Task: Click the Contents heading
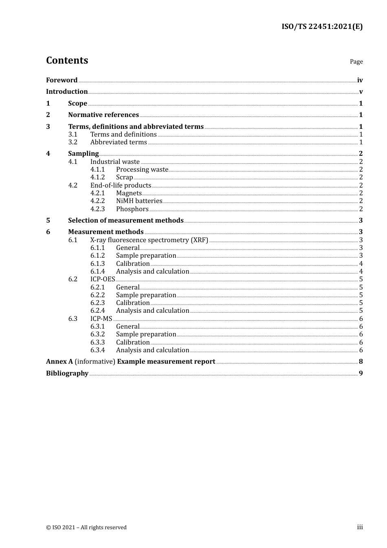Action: pos(67,60)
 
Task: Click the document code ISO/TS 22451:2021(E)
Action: pos(322,27)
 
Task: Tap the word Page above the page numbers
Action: pos(356,62)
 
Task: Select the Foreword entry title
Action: pos(62,80)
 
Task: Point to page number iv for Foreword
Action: pos(360,80)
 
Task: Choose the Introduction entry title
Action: pos(67,91)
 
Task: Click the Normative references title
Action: pos(103,115)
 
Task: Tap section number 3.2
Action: pos(73,142)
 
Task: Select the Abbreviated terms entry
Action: pos(119,142)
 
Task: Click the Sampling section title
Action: pos(83,153)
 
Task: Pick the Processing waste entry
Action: pos(142,169)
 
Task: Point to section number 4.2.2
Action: pos(97,201)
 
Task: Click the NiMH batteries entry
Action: pos(139,201)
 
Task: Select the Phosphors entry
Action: pos(132,209)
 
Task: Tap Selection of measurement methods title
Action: pos(125,220)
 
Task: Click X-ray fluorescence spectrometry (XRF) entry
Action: pos(149,240)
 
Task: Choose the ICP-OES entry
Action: pos(103,279)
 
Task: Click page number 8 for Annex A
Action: pos(361,361)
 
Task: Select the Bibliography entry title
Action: pos(67,373)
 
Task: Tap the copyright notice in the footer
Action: pos(86,527)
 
